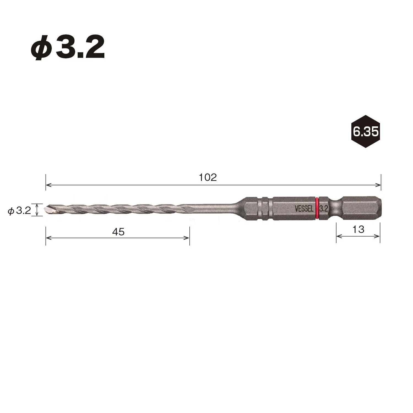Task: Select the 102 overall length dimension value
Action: click(x=208, y=178)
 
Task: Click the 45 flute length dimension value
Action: click(x=118, y=232)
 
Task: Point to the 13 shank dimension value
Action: click(x=358, y=229)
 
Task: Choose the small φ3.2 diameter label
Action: click(x=19, y=211)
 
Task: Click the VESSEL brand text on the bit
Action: click(x=304, y=209)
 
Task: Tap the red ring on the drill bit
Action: click(x=317, y=208)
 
